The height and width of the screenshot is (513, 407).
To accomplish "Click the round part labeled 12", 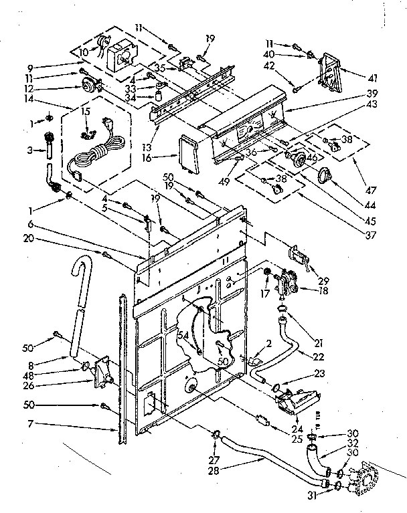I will pos(87,86).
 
